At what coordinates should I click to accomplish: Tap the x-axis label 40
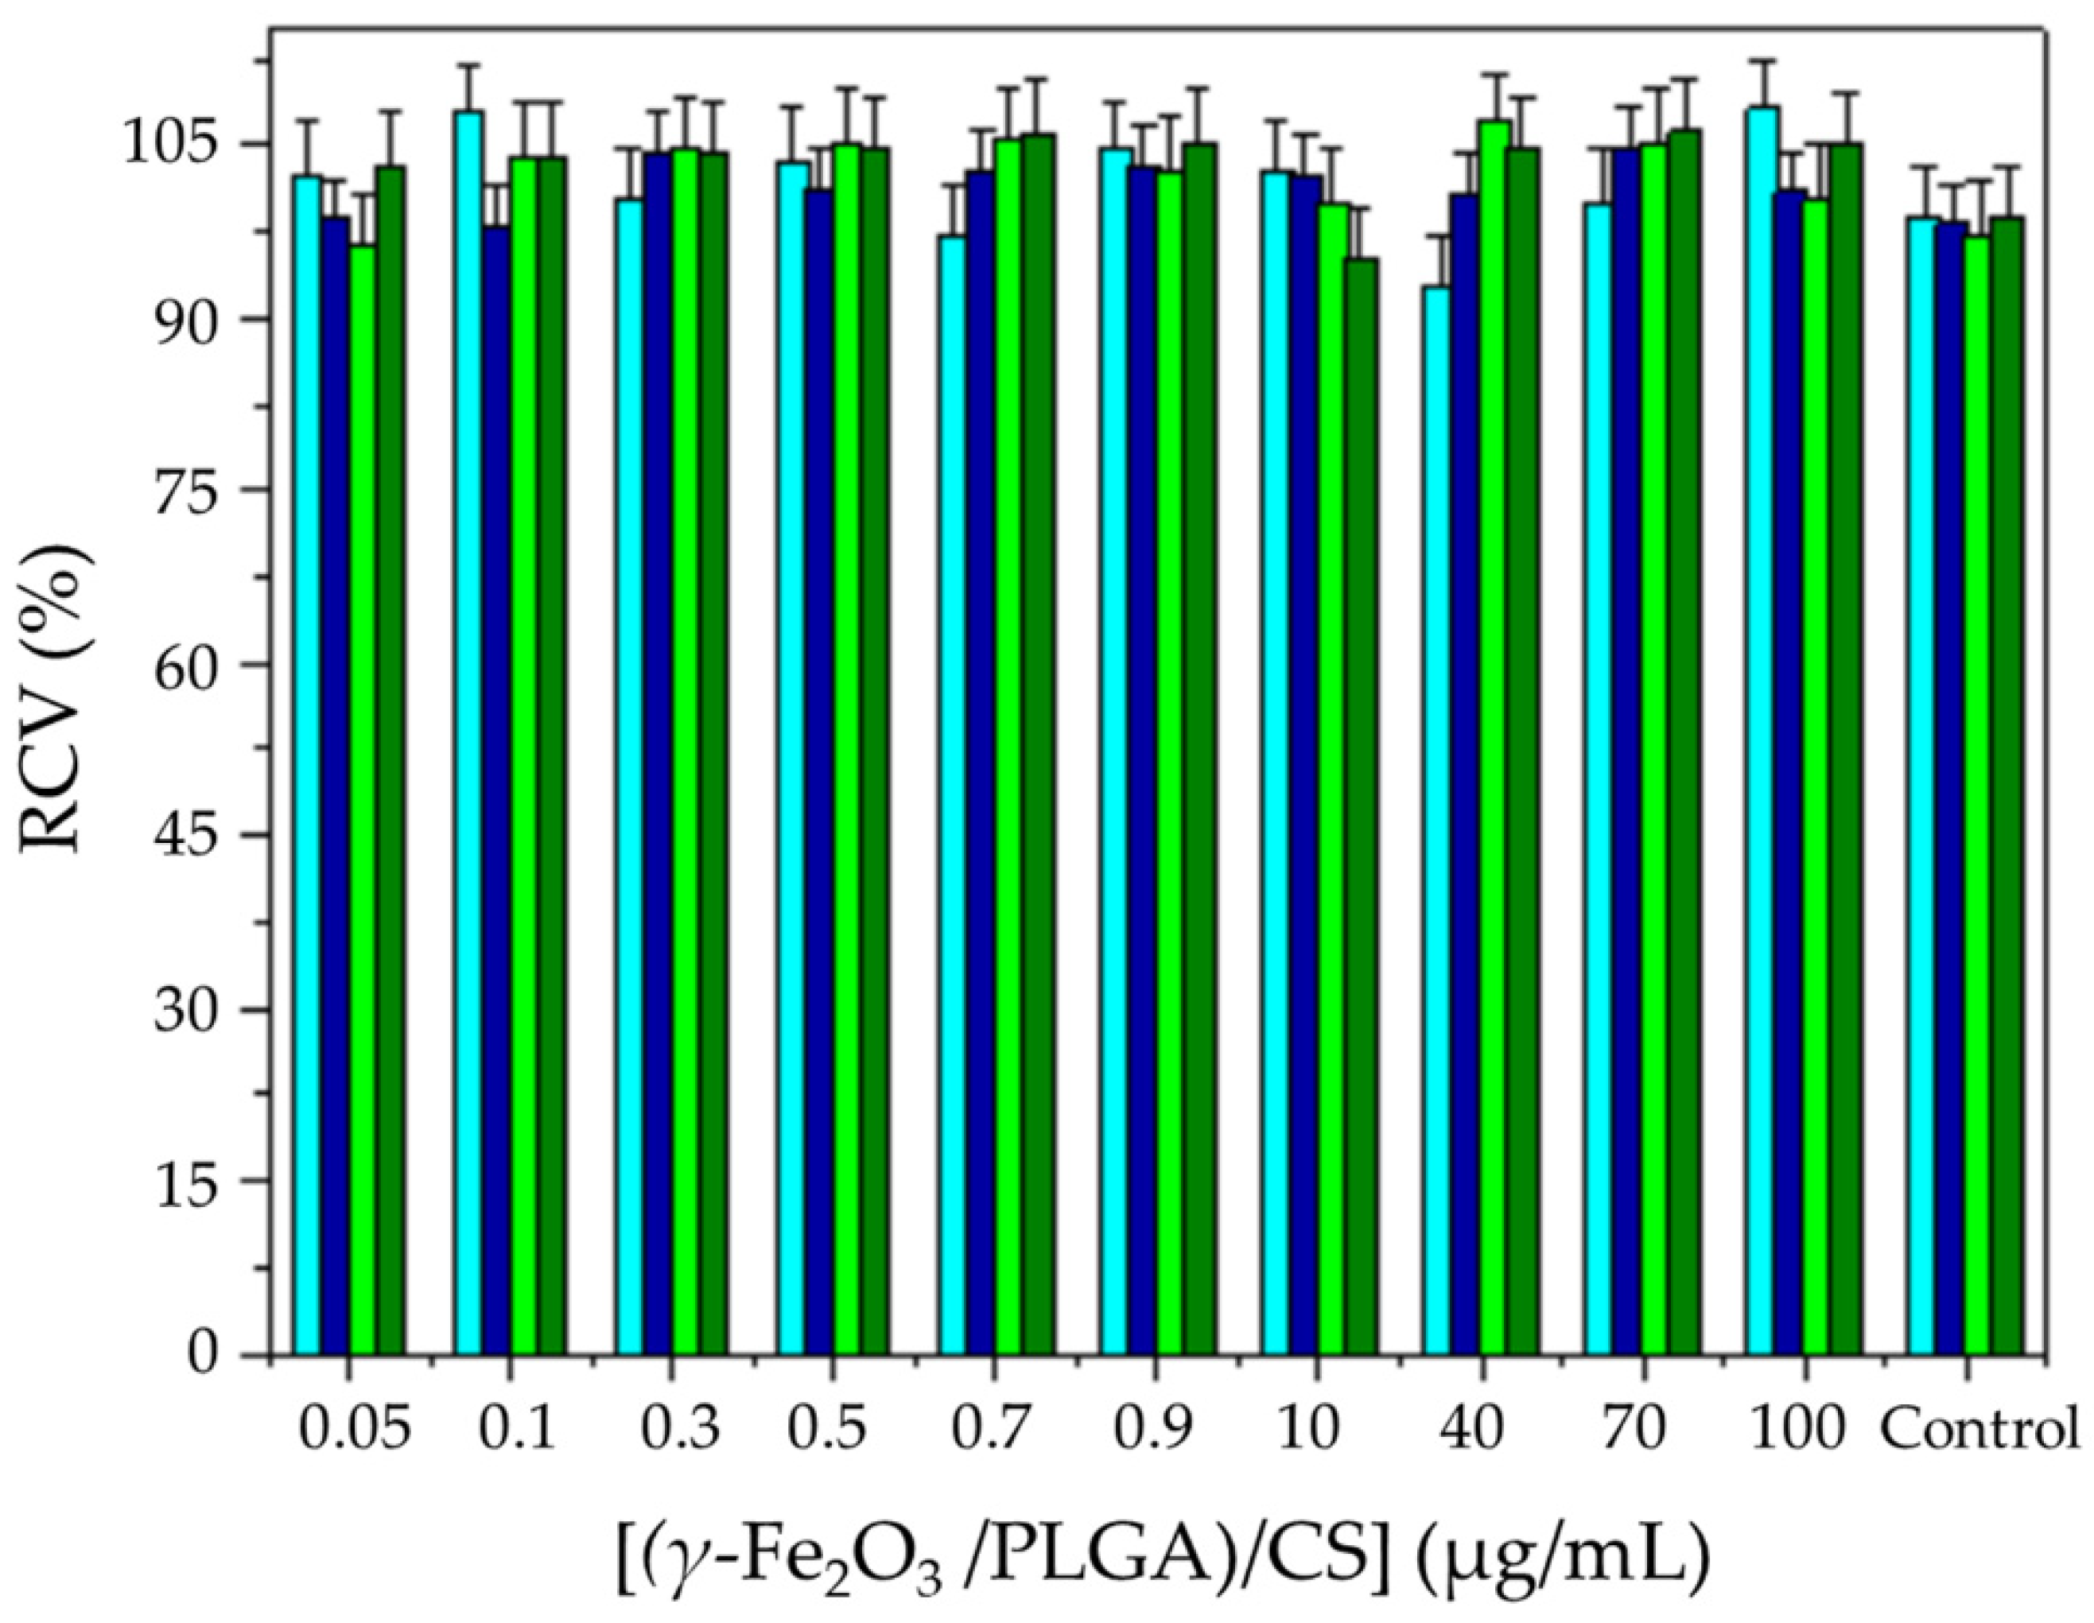pos(1478,1431)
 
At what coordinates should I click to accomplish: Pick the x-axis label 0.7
pos(994,1431)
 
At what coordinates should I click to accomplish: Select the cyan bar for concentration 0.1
pos(469,728)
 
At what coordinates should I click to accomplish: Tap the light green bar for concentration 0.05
pos(363,796)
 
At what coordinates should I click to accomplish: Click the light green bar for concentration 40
pos(1495,738)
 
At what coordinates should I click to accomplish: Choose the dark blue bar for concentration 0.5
pos(819,767)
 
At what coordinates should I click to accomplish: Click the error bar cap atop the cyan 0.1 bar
pos(469,65)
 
